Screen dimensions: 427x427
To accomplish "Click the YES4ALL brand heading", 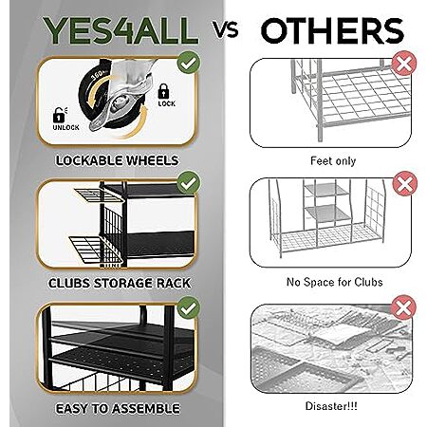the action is coord(121,30).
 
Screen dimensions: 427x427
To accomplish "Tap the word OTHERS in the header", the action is coord(332,30).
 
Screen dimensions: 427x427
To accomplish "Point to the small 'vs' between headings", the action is coord(225,30).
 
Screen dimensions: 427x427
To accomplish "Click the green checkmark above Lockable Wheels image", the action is coord(189,63).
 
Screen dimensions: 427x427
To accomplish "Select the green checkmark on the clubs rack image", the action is coord(189,182).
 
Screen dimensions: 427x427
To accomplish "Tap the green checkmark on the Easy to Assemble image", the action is coord(189,307).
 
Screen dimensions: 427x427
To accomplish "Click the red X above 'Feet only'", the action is coord(404,63).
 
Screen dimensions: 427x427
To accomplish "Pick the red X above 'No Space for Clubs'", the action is coord(404,184).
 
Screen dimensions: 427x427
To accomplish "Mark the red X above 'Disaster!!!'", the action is coord(404,307).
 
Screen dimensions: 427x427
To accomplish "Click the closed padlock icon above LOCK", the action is coord(163,91).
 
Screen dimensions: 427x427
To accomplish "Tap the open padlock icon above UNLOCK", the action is coord(59,115).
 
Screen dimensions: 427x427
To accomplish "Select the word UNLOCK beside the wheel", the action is coord(65,127).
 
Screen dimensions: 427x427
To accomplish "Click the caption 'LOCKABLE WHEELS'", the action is coord(117,160).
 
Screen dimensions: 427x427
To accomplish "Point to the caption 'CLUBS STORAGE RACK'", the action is coord(120,283).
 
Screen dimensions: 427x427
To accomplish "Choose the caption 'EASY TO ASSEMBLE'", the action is coord(118,408).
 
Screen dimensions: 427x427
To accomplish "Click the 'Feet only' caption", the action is coord(333,161).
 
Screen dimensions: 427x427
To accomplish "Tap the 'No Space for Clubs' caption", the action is coord(335,282).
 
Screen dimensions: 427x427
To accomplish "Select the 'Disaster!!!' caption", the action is coord(331,406).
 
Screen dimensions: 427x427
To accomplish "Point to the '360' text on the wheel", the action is coord(98,75).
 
